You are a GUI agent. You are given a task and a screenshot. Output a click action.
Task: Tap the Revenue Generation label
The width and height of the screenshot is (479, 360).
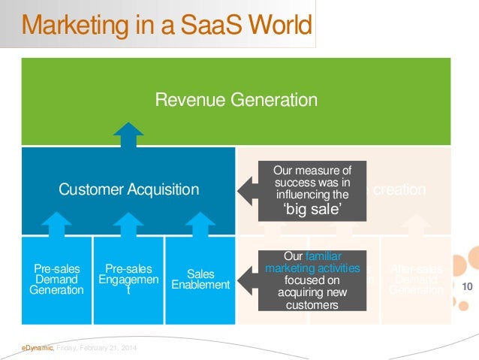tap(236, 99)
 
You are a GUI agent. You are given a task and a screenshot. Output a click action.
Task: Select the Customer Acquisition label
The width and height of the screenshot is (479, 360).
tap(128, 189)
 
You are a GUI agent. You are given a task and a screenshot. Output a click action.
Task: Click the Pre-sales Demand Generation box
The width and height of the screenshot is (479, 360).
tap(56, 279)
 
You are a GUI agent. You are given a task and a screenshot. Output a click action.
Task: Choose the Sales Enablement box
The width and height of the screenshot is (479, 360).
tap(200, 279)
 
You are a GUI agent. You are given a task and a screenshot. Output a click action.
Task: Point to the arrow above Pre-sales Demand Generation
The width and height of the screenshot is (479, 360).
tap(56, 224)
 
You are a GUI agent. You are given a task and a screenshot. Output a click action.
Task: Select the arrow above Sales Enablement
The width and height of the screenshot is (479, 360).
tap(200, 224)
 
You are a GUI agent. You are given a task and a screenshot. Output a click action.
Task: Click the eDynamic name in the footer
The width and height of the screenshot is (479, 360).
tap(36, 346)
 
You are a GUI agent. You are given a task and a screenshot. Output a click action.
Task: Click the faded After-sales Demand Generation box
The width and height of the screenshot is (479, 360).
tap(416, 279)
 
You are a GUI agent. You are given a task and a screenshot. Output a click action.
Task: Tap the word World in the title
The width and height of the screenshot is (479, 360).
tap(281, 26)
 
